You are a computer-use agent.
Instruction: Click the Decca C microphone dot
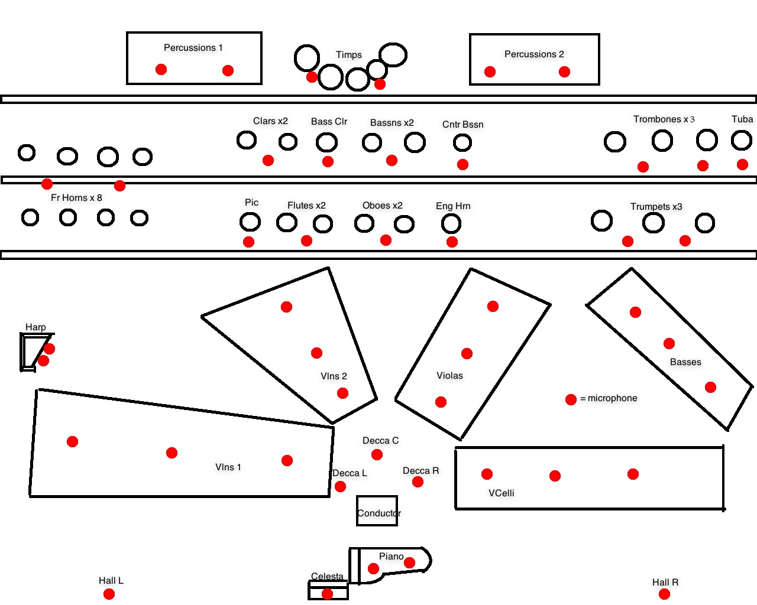(377, 454)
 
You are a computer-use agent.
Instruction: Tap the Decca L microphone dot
(340, 486)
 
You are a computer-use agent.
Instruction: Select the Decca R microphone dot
(418, 482)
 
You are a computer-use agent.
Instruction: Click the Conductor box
(377, 510)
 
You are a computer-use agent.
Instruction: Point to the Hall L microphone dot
(109, 594)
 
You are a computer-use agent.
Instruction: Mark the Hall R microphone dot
(664, 594)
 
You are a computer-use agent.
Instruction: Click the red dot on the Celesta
(327, 593)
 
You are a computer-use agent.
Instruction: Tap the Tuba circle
(741, 141)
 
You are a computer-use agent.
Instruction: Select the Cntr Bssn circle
(462, 142)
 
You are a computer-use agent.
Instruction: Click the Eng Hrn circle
(451, 223)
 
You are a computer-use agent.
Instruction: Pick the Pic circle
(250, 222)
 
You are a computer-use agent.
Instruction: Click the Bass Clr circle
(326, 142)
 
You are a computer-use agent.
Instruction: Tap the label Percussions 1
(193, 48)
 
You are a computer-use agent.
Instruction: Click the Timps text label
(348, 55)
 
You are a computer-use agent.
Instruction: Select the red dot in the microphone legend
(571, 399)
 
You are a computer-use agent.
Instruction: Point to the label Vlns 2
(334, 376)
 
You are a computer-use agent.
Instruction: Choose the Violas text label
(449, 376)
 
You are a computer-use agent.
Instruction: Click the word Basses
(685, 362)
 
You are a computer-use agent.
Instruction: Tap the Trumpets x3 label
(656, 207)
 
